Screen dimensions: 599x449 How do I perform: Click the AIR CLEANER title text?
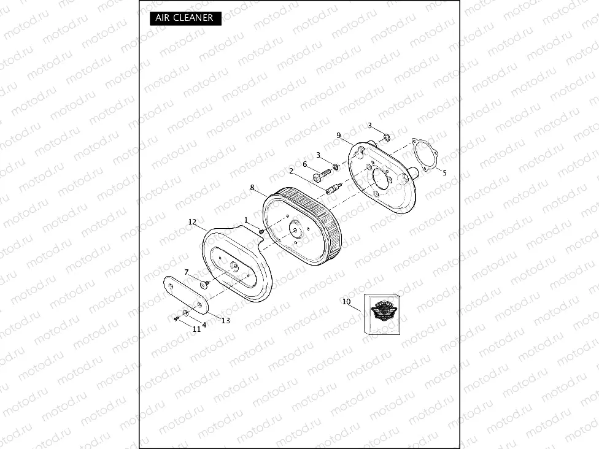184,18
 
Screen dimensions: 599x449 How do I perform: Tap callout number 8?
252,188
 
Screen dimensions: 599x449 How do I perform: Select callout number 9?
339,136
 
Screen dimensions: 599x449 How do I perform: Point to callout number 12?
192,222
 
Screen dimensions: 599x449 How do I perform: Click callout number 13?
226,321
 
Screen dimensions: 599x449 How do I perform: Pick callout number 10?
347,302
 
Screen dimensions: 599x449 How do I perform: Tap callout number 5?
445,173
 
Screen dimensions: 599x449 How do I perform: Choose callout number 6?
305,164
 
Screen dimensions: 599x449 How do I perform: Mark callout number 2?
291,171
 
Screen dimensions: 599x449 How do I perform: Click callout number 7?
187,272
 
